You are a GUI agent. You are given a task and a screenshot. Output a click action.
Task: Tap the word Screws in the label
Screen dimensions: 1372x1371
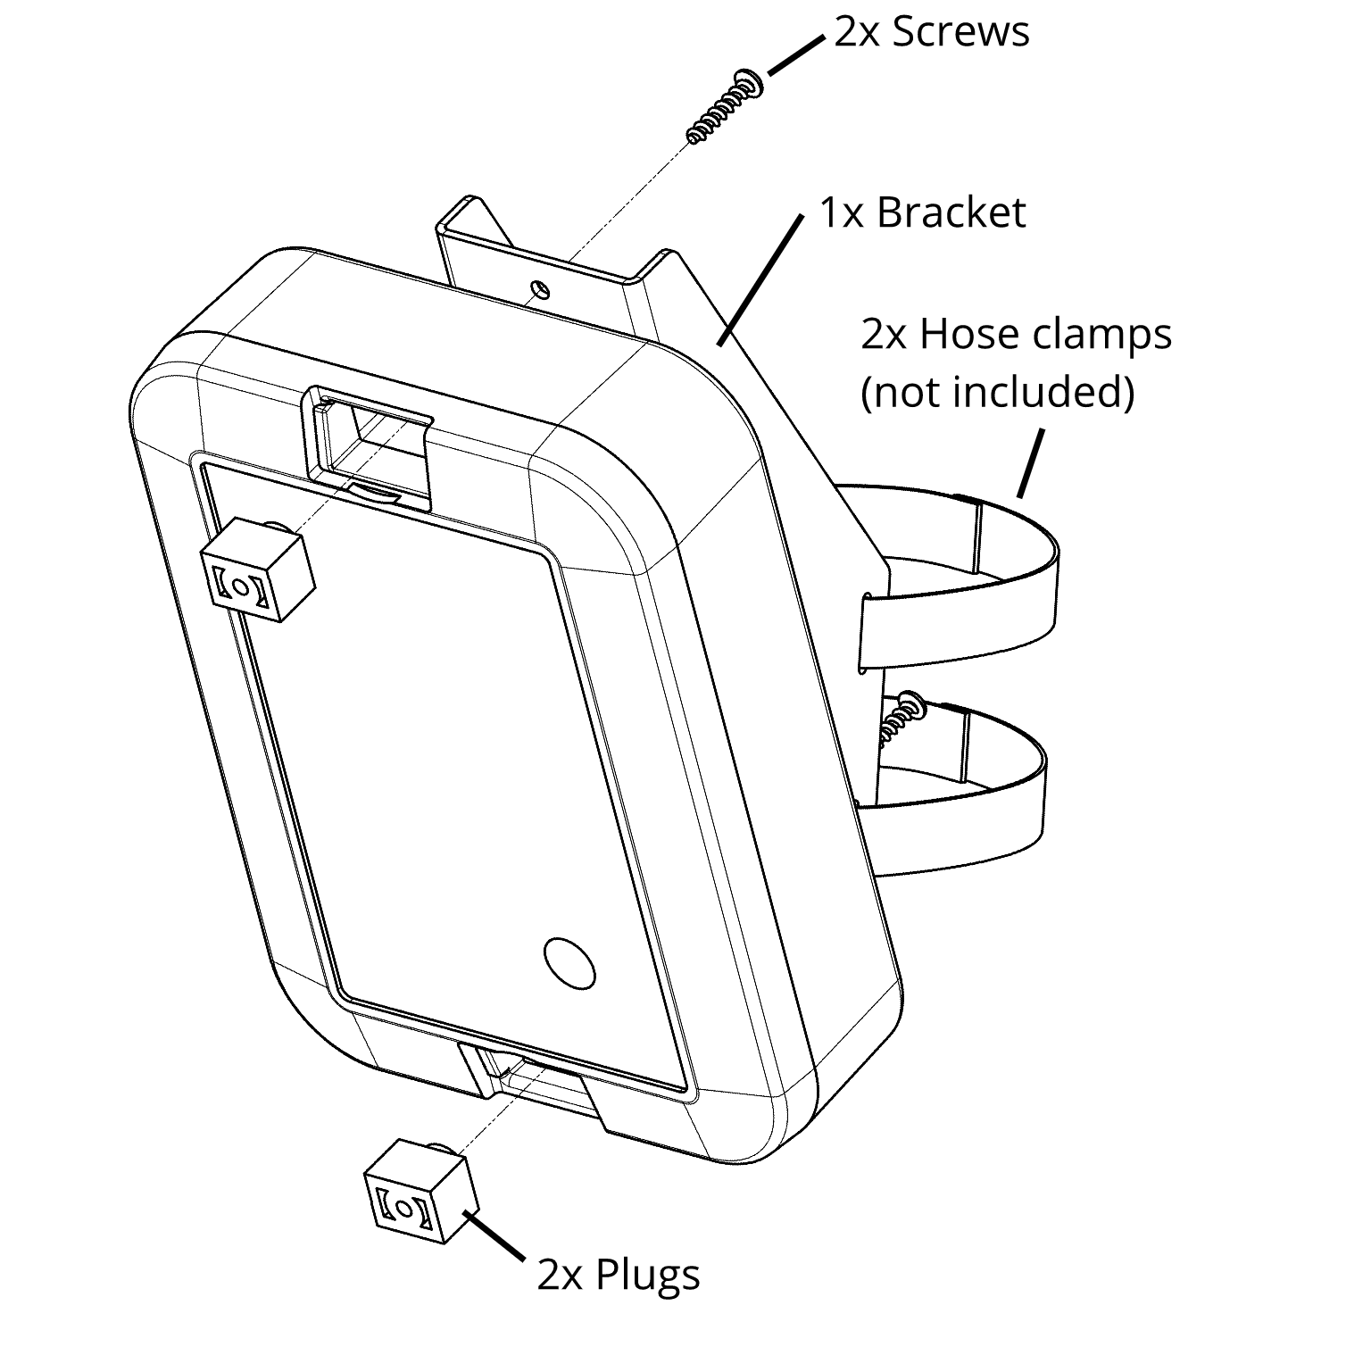coord(960,32)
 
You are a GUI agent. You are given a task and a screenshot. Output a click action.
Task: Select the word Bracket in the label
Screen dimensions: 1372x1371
coord(951,212)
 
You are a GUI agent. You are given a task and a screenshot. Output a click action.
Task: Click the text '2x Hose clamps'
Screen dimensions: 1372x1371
coord(1016,335)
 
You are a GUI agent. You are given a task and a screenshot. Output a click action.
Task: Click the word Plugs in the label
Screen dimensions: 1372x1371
coord(647,1274)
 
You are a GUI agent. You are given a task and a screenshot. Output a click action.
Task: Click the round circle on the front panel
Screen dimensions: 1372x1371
coord(569,963)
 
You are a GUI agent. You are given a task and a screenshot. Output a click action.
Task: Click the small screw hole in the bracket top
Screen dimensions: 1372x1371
coord(538,288)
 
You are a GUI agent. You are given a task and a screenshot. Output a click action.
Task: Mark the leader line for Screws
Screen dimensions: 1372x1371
coord(795,55)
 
